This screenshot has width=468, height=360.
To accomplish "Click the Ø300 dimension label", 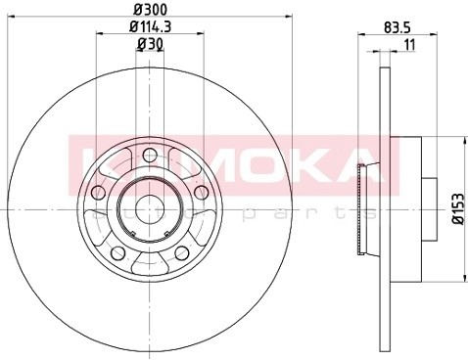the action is (150, 9).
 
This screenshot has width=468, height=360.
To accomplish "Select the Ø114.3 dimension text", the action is (150, 26).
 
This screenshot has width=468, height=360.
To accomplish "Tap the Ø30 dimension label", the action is (150, 44).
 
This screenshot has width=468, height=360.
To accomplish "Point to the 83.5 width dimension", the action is (397, 27).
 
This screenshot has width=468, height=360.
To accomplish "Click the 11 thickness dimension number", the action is (409, 44).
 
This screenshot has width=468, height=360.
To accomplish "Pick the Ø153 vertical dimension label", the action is (458, 208).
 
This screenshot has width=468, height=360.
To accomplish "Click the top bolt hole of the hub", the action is (150, 155).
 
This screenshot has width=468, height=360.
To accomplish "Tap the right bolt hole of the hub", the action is (201, 192).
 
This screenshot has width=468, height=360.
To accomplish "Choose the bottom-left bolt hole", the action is (118, 252).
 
